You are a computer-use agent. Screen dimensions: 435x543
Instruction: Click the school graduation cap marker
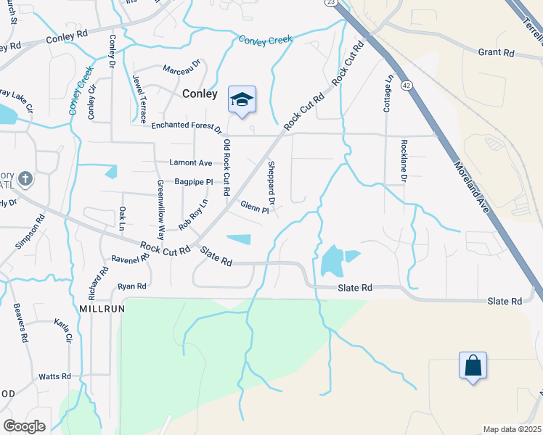tap(242, 100)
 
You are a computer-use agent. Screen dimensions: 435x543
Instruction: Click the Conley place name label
tap(200, 94)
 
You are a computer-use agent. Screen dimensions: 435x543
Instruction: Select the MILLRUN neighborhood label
tap(103, 308)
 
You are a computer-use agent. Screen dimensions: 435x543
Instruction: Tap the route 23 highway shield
tap(330, 4)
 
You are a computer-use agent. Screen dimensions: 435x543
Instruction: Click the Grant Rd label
tap(497, 53)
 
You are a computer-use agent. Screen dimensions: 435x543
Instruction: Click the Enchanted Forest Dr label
tap(186, 126)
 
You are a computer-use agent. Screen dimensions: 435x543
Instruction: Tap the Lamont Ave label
tap(190, 162)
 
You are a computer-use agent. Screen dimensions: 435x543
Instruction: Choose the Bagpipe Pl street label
tap(193, 182)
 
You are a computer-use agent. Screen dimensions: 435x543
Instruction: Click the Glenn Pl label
tap(254, 207)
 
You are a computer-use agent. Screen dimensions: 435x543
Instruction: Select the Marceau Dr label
tap(181, 70)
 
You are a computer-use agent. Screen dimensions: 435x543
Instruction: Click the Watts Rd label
tap(55, 376)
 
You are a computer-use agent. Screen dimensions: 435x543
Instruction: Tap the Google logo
tap(24, 426)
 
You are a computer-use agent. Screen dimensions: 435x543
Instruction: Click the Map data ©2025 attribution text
tap(512, 429)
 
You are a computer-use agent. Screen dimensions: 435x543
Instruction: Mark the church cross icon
tap(25, 178)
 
